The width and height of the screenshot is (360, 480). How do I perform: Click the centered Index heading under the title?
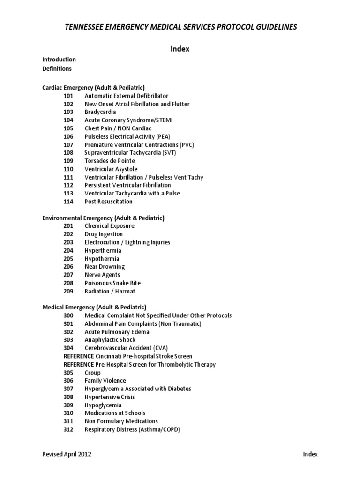tap(180, 49)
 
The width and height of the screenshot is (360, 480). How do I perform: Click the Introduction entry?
tap(59, 60)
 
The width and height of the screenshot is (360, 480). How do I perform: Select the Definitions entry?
tap(57, 68)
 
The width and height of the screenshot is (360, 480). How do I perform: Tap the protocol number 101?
tap(68, 96)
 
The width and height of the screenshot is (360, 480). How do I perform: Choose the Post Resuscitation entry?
tap(109, 202)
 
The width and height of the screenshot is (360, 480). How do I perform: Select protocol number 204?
tap(68, 250)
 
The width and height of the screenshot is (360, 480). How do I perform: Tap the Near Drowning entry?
tap(105, 267)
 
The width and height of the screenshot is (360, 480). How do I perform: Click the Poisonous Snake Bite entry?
tap(112, 283)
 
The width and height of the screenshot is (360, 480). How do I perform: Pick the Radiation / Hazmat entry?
tap(110, 291)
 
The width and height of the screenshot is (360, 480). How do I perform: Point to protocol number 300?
tap(68, 315)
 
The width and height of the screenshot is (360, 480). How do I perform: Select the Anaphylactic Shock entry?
tap(110, 340)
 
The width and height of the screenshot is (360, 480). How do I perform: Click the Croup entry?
tap(93, 373)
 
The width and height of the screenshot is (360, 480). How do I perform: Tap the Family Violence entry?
tap(105, 381)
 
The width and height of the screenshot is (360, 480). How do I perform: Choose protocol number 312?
tap(68, 429)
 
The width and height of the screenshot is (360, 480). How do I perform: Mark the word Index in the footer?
tap(310, 454)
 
